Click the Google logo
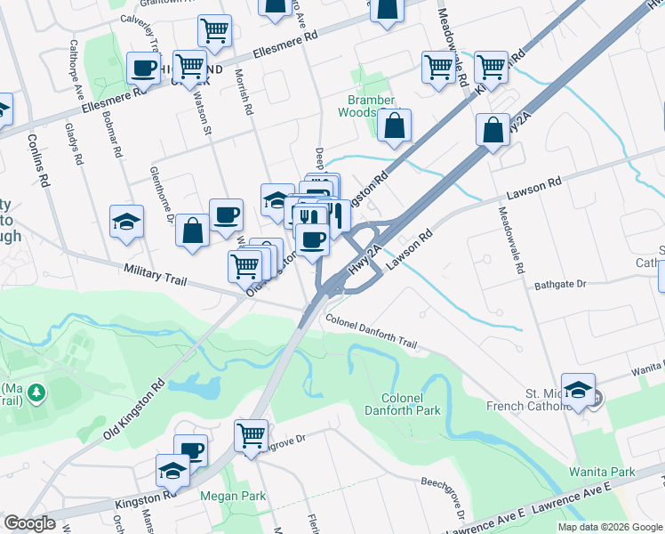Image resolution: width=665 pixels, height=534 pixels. [x=29, y=523]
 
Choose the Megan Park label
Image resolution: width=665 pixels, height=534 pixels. [x=222, y=496]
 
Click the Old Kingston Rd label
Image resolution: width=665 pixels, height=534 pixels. [x=133, y=409]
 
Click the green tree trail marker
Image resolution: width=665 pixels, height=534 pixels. [x=36, y=392]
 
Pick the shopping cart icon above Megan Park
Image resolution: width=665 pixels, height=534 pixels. [x=252, y=436]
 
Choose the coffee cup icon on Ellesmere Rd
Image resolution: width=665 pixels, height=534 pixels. [x=143, y=68]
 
